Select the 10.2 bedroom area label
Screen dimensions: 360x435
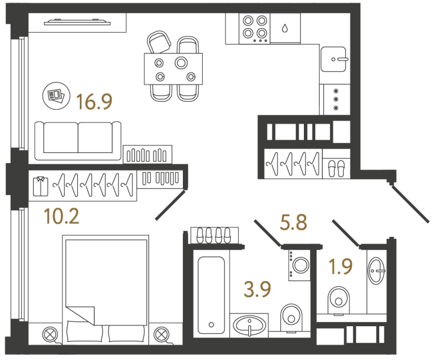pos(62,216)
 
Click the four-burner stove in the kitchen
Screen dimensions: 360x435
pos(254,28)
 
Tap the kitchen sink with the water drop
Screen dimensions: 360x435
pos(285,28)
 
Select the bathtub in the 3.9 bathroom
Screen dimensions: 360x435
pos(212,293)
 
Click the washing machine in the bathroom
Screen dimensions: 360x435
pos(298,263)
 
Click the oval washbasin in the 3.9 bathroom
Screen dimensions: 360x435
pos(248,325)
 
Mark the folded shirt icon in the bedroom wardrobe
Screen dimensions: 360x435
pos(41,185)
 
